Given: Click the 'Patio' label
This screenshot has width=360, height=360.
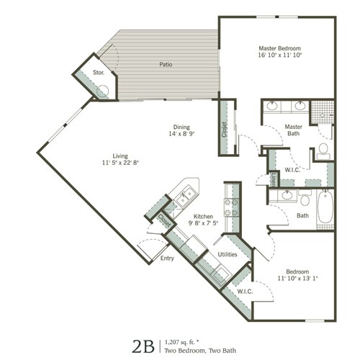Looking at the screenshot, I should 165,64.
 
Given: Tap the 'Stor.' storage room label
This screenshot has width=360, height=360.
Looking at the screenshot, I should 99,73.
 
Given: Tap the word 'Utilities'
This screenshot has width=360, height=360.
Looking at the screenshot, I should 228,254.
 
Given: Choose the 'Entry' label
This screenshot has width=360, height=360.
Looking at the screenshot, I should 167,258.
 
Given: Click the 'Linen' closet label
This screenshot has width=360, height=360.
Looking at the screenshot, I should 274,179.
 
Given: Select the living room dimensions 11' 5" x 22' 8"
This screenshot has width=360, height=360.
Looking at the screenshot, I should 120,163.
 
